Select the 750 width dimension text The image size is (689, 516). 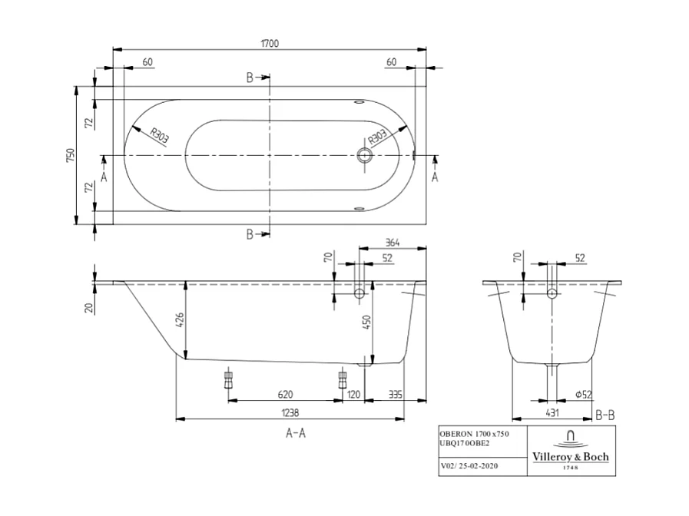(70, 156)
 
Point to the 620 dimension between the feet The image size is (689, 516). (284, 394)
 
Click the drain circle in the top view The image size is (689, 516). (364, 156)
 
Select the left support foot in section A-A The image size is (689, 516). (227, 380)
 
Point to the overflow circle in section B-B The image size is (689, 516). (552, 293)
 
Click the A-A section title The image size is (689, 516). (296, 433)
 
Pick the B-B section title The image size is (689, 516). (605, 415)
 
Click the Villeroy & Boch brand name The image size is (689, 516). (571, 456)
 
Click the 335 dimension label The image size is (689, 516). (396, 394)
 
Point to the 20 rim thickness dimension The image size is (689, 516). (89, 307)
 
